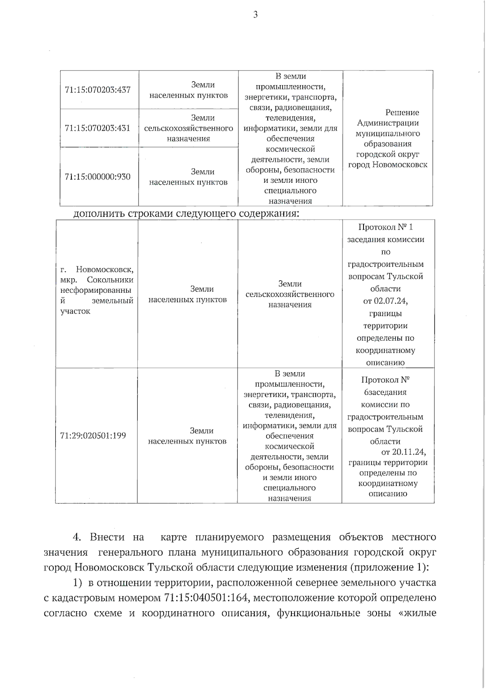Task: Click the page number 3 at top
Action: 256,15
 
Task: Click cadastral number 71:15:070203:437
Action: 98,90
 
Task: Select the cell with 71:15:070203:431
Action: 98,128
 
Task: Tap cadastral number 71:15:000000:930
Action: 98,177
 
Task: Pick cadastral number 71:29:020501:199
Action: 93,436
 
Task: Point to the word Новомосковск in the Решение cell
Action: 402,165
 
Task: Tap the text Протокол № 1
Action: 385,227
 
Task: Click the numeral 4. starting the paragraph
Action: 77,537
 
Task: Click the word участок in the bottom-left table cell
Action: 75,311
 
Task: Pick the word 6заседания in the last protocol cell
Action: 385,393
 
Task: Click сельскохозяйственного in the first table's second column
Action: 189,129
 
